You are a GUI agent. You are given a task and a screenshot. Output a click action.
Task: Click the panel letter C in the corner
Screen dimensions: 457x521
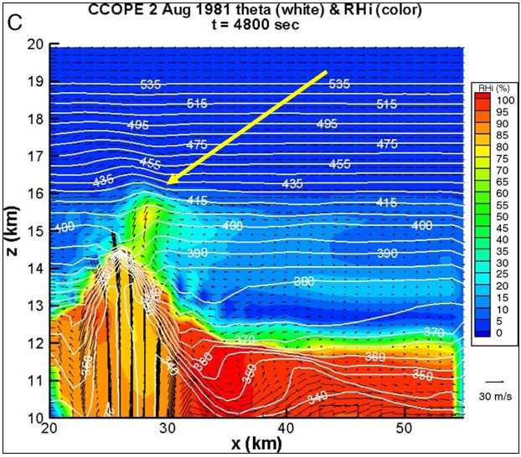(13, 21)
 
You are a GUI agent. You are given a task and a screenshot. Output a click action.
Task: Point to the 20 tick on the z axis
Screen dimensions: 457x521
(35, 45)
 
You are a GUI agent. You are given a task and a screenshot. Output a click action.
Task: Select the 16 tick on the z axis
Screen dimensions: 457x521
(35, 193)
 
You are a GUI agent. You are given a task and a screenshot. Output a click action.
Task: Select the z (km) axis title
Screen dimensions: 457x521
(13, 231)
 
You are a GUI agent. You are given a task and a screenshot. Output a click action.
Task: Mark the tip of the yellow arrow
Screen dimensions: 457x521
(167, 182)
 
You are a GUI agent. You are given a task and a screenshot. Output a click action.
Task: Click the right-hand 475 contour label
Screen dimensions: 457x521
(387, 144)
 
